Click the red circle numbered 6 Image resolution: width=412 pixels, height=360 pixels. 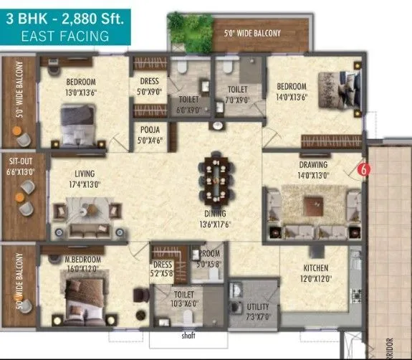[363, 171]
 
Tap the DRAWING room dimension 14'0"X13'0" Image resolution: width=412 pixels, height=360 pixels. [313, 174]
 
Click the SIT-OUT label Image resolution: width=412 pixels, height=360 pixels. [18, 163]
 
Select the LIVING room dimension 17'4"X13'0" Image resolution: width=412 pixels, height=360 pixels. [85, 184]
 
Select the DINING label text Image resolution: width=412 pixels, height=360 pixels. [214, 213]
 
